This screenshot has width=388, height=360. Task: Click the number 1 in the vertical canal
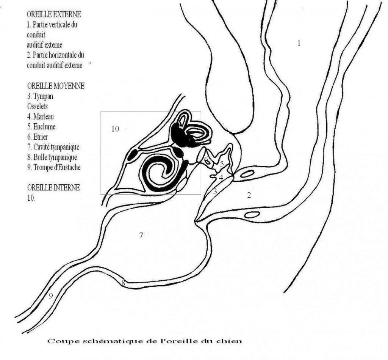[299, 43]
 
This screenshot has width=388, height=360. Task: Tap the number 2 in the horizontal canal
[249, 195]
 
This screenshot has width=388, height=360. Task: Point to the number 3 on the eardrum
[215, 191]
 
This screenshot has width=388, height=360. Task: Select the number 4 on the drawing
[221, 178]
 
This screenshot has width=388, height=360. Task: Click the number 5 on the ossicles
[222, 164]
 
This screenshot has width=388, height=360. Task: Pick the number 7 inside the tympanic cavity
[141, 236]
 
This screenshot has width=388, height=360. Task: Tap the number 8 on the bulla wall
[123, 283]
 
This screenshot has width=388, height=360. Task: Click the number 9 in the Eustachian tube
[51, 296]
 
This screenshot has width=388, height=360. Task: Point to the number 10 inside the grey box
[115, 129]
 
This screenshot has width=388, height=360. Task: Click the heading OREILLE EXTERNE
[54, 14]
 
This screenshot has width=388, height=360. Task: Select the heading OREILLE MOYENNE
[56, 86]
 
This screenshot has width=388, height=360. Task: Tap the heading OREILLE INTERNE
[53, 187]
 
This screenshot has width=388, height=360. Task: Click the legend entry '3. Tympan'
[40, 96]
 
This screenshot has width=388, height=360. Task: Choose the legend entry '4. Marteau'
[40, 116]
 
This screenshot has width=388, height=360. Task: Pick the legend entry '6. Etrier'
[38, 137]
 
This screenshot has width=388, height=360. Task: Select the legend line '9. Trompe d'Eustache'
[54, 167]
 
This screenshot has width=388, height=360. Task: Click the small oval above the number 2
[247, 173]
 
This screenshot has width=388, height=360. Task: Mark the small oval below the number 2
[252, 215]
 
